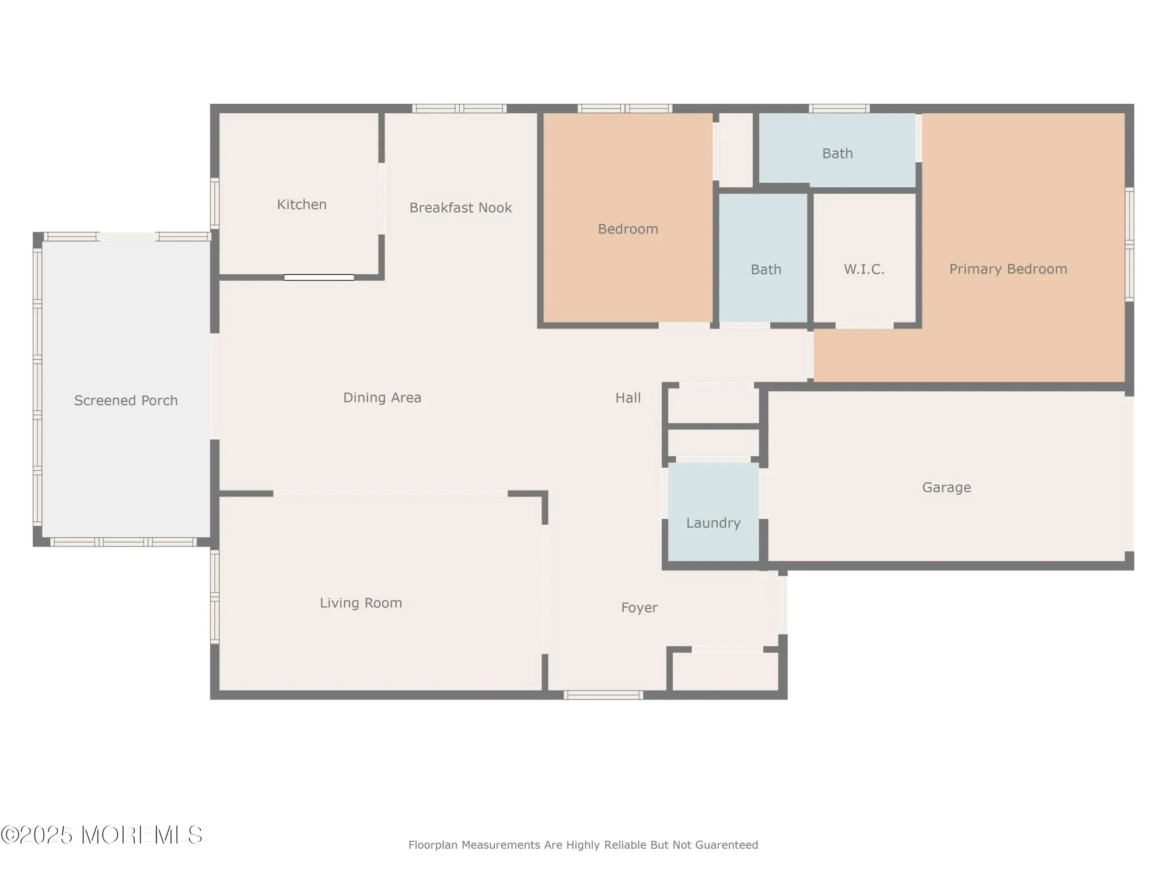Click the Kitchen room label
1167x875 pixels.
(x=301, y=205)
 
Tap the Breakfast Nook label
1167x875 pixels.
(x=460, y=208)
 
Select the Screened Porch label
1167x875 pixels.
(x=125, y=401)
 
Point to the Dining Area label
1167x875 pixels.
(x=382, y=398)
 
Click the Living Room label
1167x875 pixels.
(x=361, y=603)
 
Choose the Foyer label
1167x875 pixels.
(x=639, y=608)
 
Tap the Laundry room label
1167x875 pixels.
(x=713, y=523)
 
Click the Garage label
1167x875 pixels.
(x=946, y=488)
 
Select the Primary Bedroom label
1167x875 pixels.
(x=1008, y=269)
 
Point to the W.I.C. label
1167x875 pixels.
(x=864, y=269)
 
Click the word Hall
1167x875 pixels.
(x=628, y=398)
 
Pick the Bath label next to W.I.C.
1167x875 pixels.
(x=766, y=269)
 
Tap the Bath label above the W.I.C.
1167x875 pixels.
(x=837, y=153)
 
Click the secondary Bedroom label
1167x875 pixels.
(x=628, y=229)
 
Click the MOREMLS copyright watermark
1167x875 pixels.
(x=102, y=835)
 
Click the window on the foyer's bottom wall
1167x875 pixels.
(x=603, y=695)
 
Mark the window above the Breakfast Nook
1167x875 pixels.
(x=459, y=108)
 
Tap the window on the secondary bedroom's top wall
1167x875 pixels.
(x=624, y=108)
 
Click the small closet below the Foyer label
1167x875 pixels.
(x=725, y=671)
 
